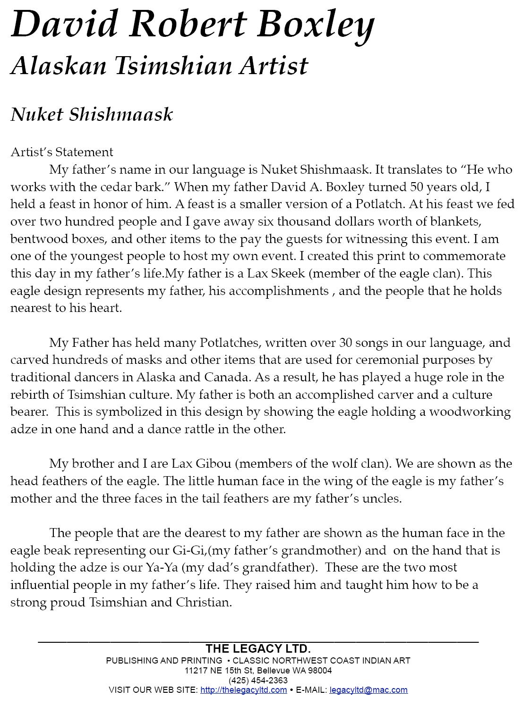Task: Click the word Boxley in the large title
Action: tap(316, 25)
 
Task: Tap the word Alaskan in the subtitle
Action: tap(59, 66)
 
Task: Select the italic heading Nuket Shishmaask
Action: tap(92, 115)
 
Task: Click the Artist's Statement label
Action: tap(62, 152)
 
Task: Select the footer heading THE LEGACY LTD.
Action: tap(258, 648)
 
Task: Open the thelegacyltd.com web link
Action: tap(243, 690)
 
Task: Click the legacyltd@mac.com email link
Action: tap(368, 690)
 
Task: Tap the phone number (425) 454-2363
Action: tap(258, 680)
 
